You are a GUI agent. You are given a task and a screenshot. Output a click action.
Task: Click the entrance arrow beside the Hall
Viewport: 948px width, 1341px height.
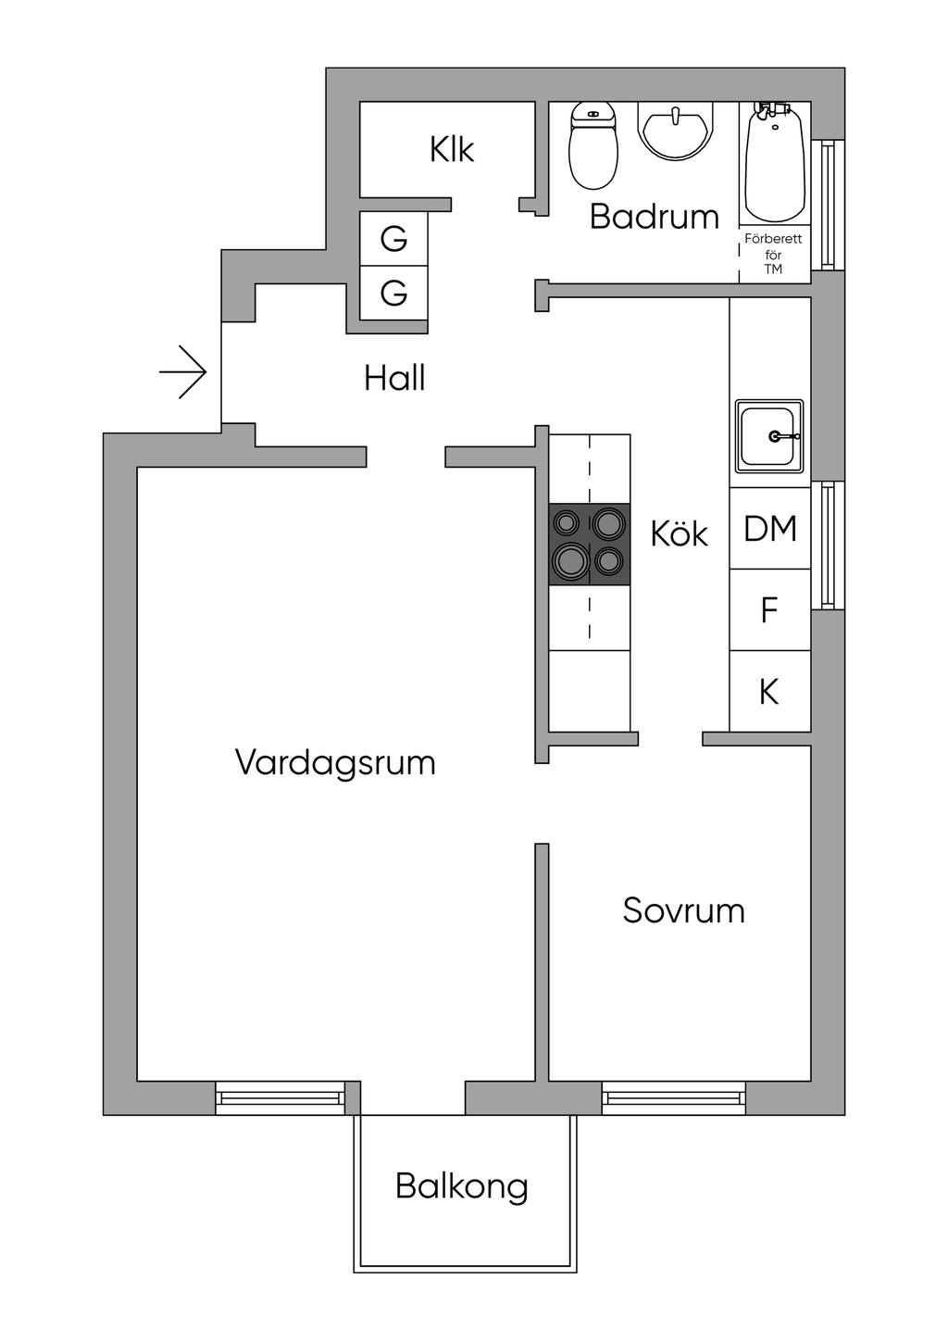183,372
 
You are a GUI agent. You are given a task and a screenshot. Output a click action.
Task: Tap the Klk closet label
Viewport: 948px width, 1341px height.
452,149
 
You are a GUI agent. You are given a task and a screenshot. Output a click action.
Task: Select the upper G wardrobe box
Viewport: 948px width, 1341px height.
393,239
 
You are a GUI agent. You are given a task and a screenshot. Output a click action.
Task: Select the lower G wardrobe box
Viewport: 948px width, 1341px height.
393,293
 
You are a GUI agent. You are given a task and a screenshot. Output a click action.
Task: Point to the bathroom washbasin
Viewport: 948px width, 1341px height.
676,131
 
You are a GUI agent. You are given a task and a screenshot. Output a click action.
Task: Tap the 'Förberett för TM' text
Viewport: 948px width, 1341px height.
773,254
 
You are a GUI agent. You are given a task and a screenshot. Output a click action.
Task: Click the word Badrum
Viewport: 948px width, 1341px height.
654,217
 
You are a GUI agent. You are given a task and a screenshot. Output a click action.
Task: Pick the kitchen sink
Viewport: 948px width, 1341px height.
769,435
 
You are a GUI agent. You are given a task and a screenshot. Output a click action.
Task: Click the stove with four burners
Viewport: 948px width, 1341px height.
590,545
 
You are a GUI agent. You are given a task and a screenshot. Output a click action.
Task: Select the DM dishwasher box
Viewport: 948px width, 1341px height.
770,529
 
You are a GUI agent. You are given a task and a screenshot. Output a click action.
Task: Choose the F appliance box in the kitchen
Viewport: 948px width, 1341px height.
769,610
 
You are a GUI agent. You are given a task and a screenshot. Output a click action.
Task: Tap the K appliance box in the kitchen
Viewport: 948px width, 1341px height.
769,692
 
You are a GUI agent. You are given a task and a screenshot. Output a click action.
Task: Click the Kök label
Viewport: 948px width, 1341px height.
679,533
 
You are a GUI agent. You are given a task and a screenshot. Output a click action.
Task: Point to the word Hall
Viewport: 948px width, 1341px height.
394,378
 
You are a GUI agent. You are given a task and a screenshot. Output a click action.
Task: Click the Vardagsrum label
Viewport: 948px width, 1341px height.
335,762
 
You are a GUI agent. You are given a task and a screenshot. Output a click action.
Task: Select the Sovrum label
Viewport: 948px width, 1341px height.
683,910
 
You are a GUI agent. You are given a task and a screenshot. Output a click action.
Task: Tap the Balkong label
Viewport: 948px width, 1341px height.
462,1186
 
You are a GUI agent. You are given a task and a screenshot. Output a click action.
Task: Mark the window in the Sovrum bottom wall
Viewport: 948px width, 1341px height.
674,1098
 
